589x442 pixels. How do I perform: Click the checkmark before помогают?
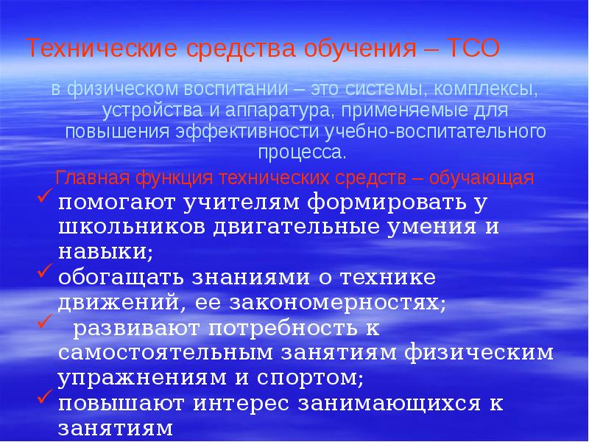(x=43, y=197)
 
